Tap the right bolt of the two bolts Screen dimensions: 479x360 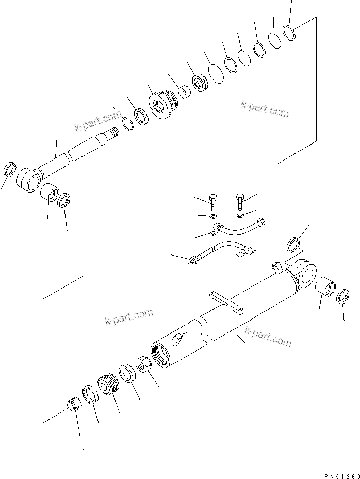point(240,199)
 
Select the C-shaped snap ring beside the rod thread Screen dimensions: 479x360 point(130,122)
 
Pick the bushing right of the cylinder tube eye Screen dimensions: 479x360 point(326,285)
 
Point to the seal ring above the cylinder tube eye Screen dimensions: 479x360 point(292,243)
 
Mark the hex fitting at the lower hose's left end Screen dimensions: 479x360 point(194,260)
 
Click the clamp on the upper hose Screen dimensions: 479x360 point(217,228)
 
